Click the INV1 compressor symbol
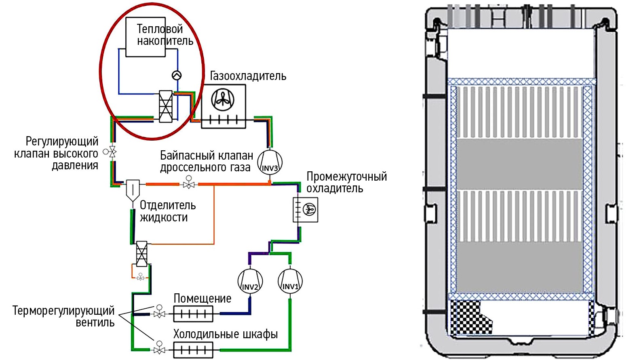(290, 282)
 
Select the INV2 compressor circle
(250, 282)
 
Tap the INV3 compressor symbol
(270, 162)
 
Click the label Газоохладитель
(248, 76)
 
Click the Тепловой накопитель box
(146, 37)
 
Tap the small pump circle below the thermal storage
(177, 75)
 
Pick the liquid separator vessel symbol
(133, 190)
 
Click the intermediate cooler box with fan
(305, 210)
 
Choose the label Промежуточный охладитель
(346, 182)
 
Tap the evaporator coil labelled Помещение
(193, 314)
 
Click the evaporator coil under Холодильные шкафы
(193, 349)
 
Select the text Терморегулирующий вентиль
(64, 316)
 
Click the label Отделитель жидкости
(167, 211)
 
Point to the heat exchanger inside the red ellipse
(166, 106)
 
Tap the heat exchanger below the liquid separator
(141, 254)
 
